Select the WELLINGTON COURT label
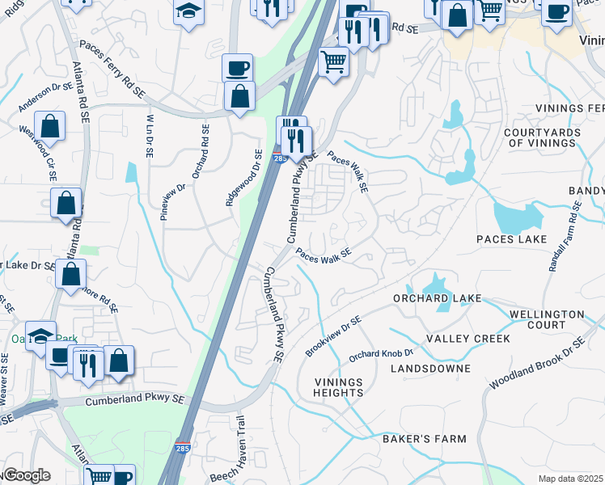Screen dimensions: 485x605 pos(547,319)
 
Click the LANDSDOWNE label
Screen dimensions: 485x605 pos(429,369)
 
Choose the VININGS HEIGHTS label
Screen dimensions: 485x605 pos(339,387)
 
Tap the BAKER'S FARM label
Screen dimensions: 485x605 pos(425,439)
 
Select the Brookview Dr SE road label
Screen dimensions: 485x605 pos(333,337)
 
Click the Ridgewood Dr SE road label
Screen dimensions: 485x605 pos(243,177)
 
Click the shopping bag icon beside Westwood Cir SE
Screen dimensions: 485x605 pos(50,127)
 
